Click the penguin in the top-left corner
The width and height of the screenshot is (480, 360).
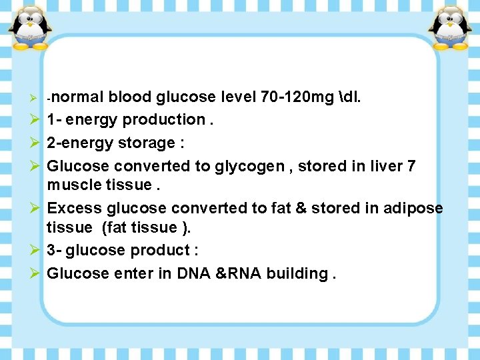[x=31, y=27]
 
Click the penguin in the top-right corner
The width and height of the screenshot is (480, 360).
[x=449, y=27]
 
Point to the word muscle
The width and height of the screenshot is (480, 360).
[x=73, y=185]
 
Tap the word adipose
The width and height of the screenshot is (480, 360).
[x=413, y=208]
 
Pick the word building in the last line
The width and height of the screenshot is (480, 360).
[x=297, y=273]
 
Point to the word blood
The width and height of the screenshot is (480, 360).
[x=130, y=97]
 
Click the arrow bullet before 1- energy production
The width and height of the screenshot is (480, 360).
[x=35, y=120]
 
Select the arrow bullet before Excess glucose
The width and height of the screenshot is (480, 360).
[x=35, y=208]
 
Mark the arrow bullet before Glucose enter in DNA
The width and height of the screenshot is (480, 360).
[x=35, y=273]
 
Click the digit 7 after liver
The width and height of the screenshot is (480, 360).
[x=411, y=165]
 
